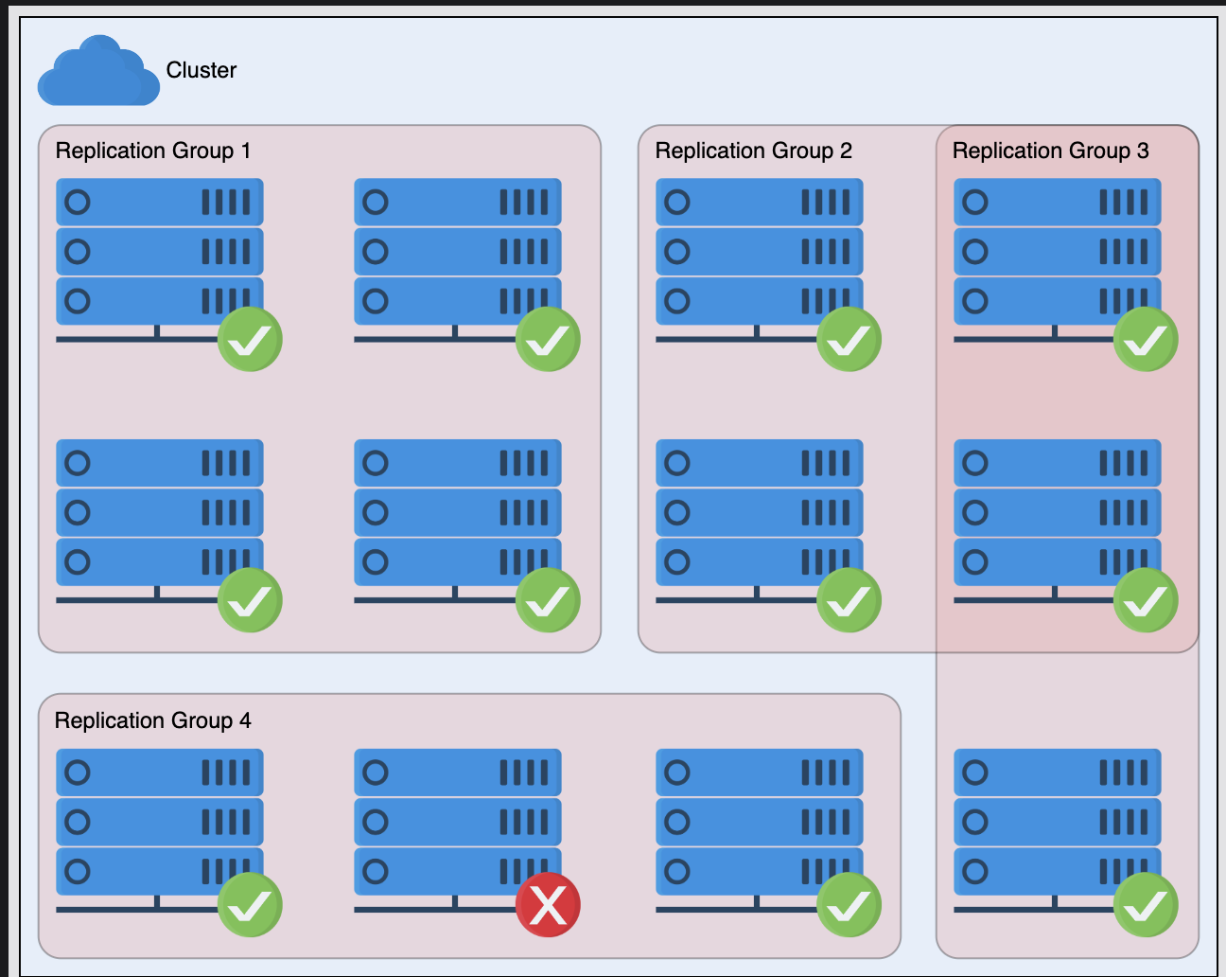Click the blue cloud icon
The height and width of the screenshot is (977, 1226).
point(98,71)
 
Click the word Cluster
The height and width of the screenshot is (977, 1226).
point(201,70)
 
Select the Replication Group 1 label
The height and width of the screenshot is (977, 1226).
point(152,151)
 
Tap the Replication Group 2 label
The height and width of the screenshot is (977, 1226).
point(753,151)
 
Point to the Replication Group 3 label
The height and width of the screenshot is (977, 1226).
point(1051,151)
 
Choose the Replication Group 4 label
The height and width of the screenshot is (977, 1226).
point(152,720)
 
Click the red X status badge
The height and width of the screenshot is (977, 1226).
point(548,904)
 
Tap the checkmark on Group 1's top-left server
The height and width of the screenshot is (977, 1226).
point(250,339)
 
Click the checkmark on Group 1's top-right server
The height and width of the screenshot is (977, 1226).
point(548,339)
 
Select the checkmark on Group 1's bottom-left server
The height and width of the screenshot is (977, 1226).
point(250,600)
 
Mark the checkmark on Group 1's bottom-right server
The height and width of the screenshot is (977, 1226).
point(548,600)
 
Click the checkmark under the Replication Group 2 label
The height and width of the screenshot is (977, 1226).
point(849,339)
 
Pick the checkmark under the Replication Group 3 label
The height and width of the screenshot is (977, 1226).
point(1146,339)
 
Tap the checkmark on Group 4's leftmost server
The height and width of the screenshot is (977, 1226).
point(250,904)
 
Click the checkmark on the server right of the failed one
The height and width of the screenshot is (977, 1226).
point(849,904)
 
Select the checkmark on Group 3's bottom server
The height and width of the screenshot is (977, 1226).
point(1146,904)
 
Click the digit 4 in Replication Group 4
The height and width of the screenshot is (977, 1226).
point(245,720)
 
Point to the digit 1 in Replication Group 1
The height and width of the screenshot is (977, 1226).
point(246,151)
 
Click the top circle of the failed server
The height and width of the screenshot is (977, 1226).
point(376,773)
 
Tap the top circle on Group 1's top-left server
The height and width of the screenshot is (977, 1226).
point(78,202)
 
